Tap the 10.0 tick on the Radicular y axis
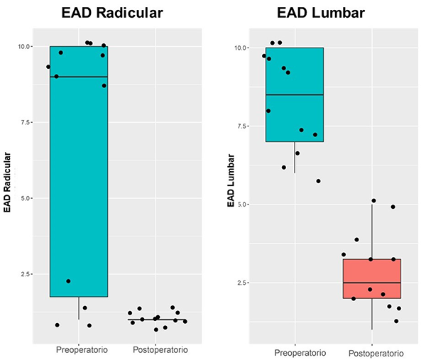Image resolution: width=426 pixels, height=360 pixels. click(x=23, y=47)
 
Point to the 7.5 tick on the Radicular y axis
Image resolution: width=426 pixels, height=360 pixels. click(x=26, y=122)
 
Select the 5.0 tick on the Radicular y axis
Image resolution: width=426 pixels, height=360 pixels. click(x=26, y=198)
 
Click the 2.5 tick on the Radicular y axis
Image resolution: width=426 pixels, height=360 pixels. click(x=26, y=274)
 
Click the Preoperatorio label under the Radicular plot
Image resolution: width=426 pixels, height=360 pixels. click(x=80, y=350)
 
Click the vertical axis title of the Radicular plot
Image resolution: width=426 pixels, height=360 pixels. click(x=8, y=182)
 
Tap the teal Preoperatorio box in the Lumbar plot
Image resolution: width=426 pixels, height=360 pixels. click(x=295, y=117)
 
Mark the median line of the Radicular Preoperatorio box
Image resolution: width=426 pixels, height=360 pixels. click(x=79, y=77)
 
